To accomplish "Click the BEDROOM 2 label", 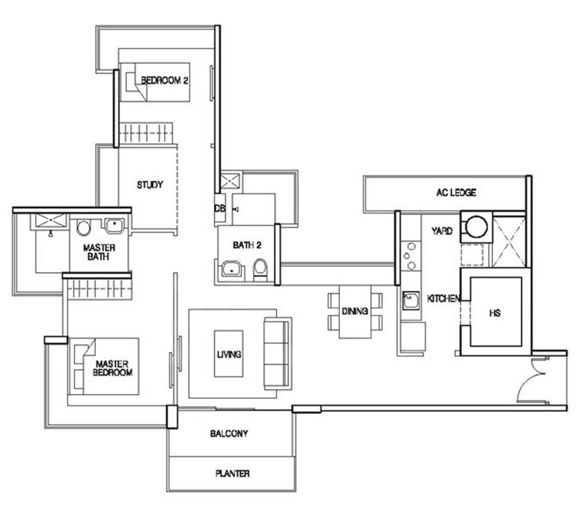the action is (x=164, y=80).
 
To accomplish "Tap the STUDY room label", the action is (x=150, y=185).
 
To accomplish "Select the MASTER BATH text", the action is (x=99, y=252).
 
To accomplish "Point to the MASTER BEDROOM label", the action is (x=113, y=368).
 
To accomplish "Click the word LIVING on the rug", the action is (x=229, y=354).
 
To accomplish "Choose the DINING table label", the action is (x=355, y=311).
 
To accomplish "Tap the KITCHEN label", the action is (x=444, y=298).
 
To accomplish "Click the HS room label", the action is (x=495, y=313).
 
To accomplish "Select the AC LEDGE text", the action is (x=457, y=192).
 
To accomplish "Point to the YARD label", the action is (x=442, y=231).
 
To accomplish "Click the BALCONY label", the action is (x=229, y=434).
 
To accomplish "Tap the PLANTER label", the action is (x=232, y=473).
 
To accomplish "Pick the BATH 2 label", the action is (x=247, y=245).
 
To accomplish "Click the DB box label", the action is (x=220, y=208).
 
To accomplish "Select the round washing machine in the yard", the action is (x=477, y=227).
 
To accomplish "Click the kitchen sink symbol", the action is (x=410, y=300).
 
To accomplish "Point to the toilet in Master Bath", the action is (x=84, y=228).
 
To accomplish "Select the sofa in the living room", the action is (x=277, y=353).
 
